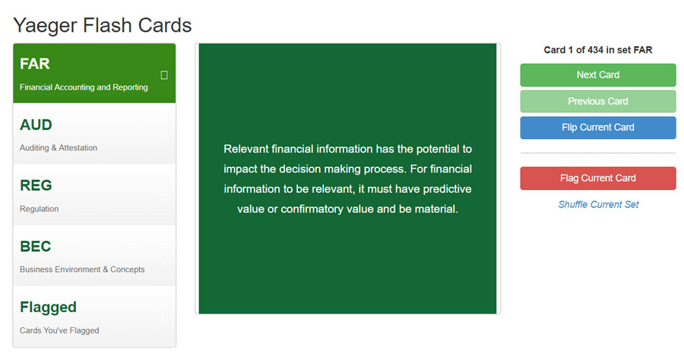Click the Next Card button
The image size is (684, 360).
click(597, 75)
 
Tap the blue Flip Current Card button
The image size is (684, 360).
click(597, 128)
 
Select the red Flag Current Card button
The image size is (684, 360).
click(597, 178)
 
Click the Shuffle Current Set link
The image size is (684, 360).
click(598, 204)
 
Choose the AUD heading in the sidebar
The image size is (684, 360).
click(36, 125)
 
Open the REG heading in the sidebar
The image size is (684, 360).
click(36, 185)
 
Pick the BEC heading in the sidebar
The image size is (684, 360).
click(35, 246)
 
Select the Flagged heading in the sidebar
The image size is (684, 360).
click(48, 308)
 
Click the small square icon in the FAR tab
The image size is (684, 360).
click(164, 75)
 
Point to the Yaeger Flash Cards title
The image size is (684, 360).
click(103, 25)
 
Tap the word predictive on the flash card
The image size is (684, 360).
click(447, 189)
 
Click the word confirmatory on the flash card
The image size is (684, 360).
click(312, 209)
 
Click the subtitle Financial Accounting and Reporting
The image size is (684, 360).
click(84, 87)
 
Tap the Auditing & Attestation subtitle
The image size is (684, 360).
click(59, 148)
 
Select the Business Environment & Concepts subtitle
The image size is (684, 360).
click(82, 270)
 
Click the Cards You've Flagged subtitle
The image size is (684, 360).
click(59, 330)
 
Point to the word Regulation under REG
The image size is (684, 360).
click(40, 209)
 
